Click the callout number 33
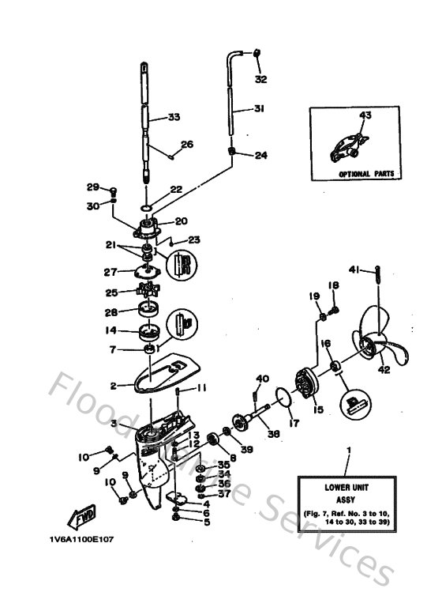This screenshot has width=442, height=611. [x=173, y=117]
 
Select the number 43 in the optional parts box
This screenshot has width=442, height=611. [x=365, y=115]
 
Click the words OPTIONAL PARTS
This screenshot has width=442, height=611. [x=365, y=173]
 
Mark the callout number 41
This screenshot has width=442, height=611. [x=354, y=270]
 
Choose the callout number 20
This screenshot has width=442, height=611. [x=181, y=221]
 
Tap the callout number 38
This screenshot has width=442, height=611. [x=272, y=434]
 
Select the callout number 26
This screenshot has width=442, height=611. [x=187, y=144]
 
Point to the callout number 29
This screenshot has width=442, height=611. [x=92, y=187]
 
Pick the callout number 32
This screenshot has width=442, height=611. [x=261, y=79]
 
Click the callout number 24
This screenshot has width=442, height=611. [x=260, y=156]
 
